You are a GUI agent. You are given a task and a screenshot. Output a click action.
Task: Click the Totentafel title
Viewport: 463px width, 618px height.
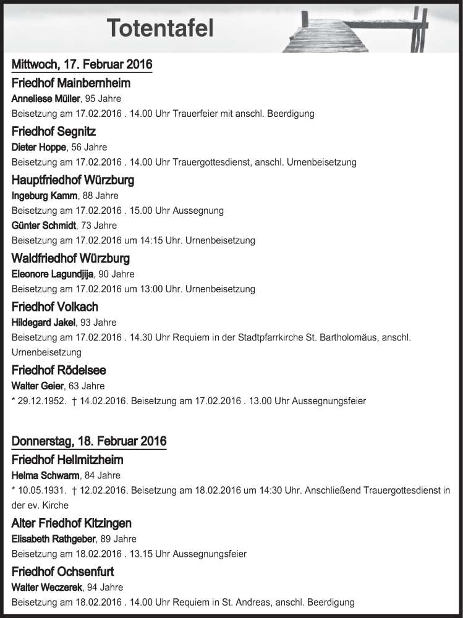[x=159, y=28]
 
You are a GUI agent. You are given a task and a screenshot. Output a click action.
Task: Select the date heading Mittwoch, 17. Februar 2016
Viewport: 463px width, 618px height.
[x=82, y=64]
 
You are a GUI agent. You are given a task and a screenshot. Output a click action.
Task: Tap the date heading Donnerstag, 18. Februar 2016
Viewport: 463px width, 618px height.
[x=89, y=441]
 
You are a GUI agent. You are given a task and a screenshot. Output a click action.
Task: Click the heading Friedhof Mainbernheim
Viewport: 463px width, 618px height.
[x=70, y=83]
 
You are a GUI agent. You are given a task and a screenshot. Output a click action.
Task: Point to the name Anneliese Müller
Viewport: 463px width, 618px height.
[x=46, y=99]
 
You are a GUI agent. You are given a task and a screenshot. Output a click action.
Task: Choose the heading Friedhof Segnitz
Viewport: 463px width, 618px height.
[x=54, y=132]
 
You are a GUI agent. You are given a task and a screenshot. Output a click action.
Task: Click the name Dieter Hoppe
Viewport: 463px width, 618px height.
[x=38, y=147]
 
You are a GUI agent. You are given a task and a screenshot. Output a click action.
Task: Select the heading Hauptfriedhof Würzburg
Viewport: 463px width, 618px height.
[x=73, y=180]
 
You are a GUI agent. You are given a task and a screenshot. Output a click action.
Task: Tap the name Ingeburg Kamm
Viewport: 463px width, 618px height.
[x=45, y=196]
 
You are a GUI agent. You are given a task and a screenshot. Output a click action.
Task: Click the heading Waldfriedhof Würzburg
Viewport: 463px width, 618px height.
[x=70, y=258]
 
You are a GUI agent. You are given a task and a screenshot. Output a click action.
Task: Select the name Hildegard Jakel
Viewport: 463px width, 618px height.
[x=44, y=322]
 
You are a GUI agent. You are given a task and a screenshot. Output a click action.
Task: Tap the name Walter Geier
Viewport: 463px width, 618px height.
[x=38, y=386]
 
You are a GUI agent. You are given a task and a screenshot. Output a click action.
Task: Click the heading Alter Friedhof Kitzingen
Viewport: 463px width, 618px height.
[x=71, y=523]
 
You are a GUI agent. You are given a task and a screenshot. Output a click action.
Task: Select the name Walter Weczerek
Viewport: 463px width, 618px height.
[x=45, y=587]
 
